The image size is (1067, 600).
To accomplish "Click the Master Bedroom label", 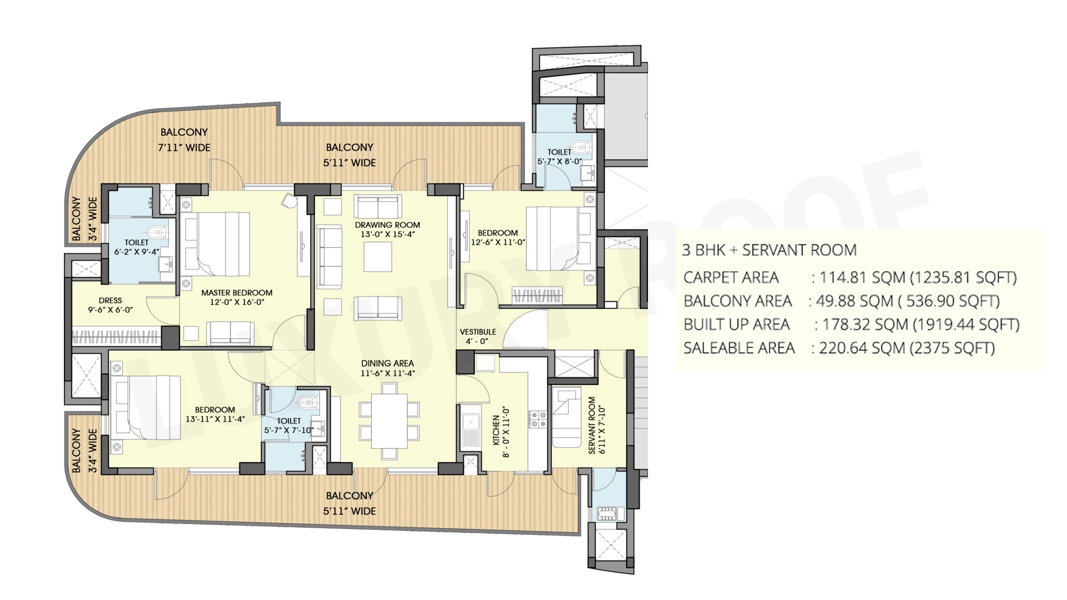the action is (x=237, y=293).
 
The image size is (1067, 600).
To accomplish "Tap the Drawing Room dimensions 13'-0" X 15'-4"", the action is (x=387, y=234).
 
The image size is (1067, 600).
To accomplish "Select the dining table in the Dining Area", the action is (x=389, y=421).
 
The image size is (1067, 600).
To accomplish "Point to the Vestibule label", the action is (x=478, y=332).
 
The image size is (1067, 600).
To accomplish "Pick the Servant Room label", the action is (x=592, y=425).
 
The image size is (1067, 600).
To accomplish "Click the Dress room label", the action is (x=110, y=301).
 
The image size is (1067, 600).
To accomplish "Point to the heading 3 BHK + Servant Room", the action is (x=769, y=250).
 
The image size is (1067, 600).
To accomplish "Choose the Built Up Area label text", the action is (x=736, y=324).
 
